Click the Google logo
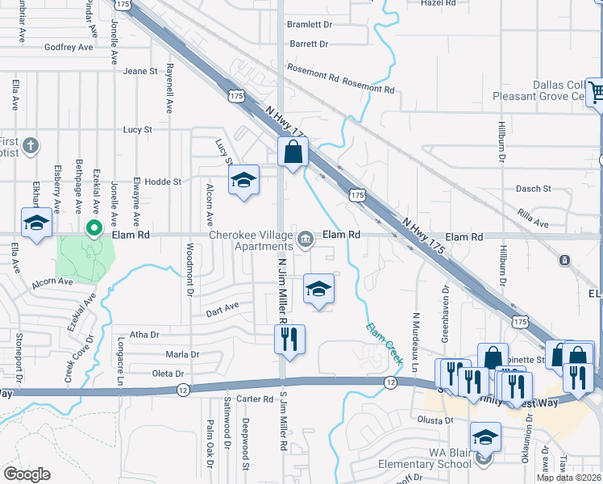click(27, 474)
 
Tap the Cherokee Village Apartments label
click(251, 240)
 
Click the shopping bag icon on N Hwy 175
click(293, 152)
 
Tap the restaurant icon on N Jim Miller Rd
click(289, 340)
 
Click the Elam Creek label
click(384, 342)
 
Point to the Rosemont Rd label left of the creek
click(312, 77)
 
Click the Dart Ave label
click(222, 307)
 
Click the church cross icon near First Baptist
click(31, 146)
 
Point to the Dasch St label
click(533, 189)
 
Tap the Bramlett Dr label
click(309, 25)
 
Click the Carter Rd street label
click(256, 399)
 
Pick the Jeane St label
click(140, 71)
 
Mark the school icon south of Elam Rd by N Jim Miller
click(318, 289)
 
